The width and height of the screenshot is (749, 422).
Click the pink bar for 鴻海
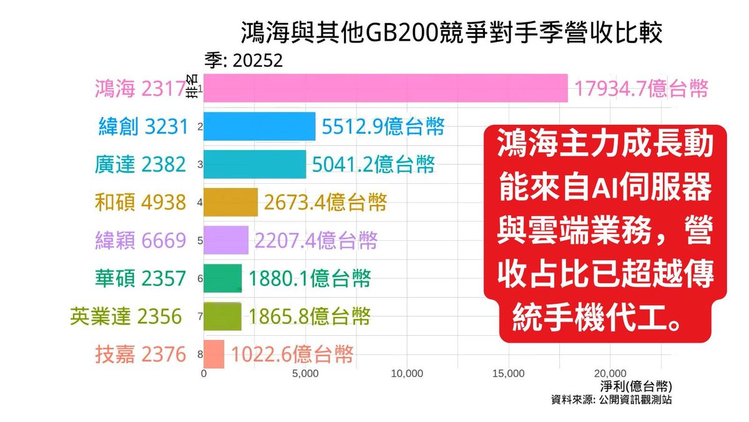(x=386, y=88)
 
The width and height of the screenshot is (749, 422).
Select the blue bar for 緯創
(x=260, y=126)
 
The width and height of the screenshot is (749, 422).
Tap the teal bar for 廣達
(x=255, y=164)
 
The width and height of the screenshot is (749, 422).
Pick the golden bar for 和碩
(x=230, y=202)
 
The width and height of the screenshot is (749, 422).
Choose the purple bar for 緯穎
(x=226, y=240)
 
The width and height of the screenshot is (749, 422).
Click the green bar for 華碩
(x=223, y=278)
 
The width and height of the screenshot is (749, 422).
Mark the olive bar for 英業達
(x=222, y=316)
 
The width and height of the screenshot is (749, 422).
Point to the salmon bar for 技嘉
(x=214, y=354)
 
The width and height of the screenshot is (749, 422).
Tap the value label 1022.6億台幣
(x=292, y=354)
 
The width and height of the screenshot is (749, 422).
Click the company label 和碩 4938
(x=140, y=203)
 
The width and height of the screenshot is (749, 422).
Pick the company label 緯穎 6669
(x=140, y=241)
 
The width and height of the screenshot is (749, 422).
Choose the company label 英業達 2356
(x=126, y=316)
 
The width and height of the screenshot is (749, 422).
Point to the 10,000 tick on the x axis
(x=407, y=374)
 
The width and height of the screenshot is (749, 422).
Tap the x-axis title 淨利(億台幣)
(x=637, y=386)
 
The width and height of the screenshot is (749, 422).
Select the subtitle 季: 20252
(x=244, y=60)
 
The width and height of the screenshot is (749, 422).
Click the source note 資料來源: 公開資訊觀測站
(x=612, y=399)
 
